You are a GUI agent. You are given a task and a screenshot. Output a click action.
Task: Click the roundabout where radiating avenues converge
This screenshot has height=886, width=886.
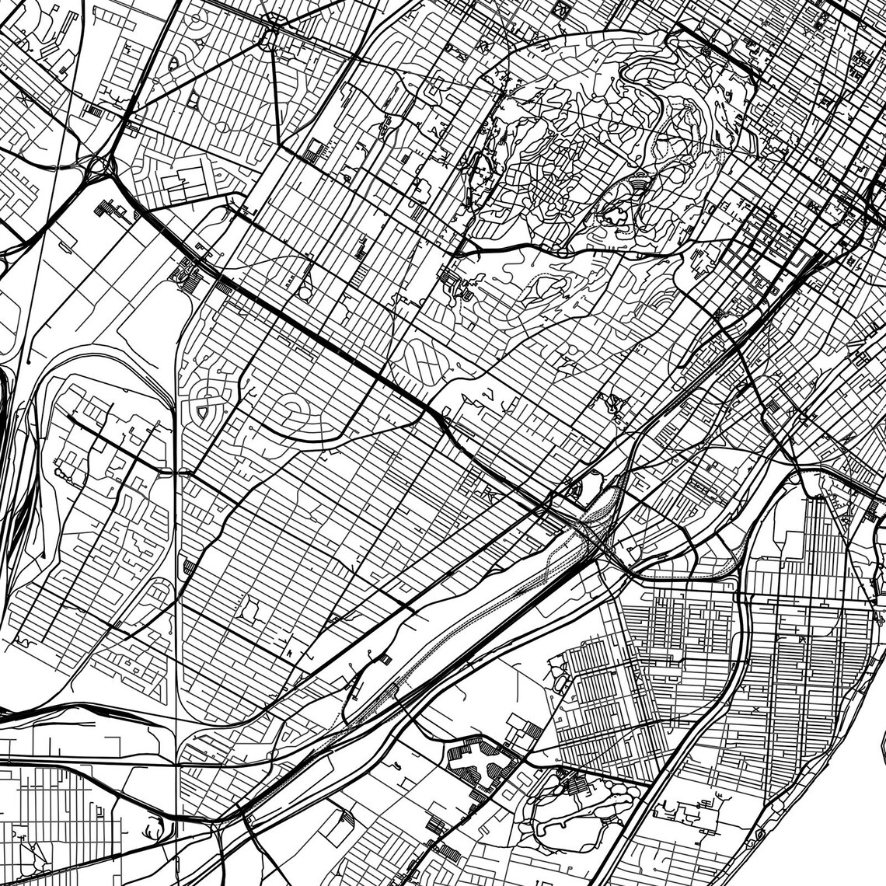pyautogui.click(x=274, y=32)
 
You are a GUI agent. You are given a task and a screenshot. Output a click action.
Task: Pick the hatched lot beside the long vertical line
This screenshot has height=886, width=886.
pyautogui.click(x=189, y=567)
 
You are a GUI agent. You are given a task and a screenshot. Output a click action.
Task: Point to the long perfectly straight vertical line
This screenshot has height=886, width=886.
pyautogui.click(x=176, y=622)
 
